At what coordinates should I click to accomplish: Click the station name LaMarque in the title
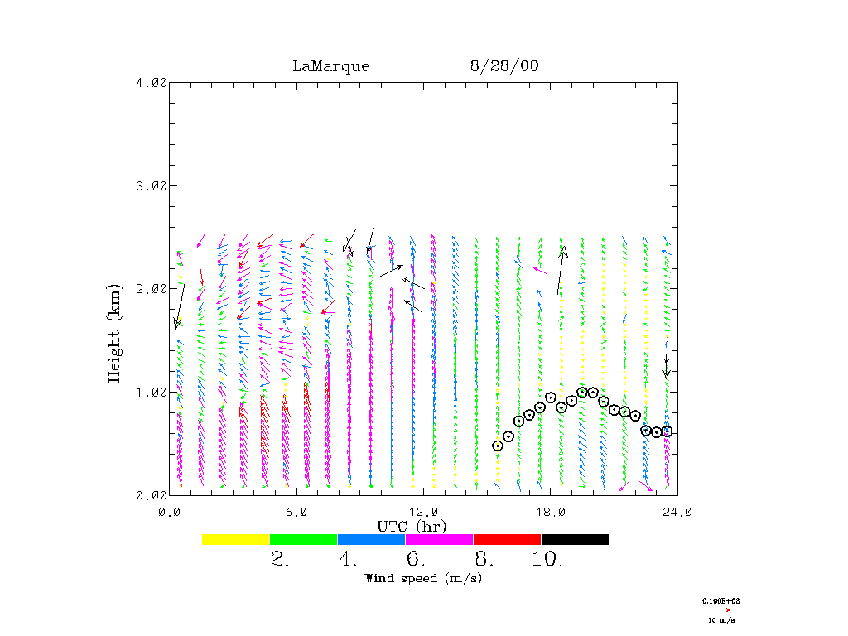pos(330,66)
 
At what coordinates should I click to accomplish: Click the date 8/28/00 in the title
pos(503,66)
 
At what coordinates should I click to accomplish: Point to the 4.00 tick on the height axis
pos(151,82)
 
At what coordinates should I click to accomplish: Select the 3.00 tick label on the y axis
pos(151,185)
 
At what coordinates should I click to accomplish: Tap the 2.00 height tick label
pos(151,288)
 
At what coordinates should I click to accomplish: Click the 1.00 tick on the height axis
pos(151,392)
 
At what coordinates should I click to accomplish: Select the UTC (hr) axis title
pos(412,527)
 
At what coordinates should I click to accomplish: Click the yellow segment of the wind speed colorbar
pos(236,539)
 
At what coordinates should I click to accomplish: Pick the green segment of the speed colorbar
pos(304,539)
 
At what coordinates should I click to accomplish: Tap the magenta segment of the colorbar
pos(439,539)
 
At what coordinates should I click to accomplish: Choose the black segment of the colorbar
pos(575,539)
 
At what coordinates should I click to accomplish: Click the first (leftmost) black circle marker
pos(498,446)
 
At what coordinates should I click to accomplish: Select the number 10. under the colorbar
pos(547,560)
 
